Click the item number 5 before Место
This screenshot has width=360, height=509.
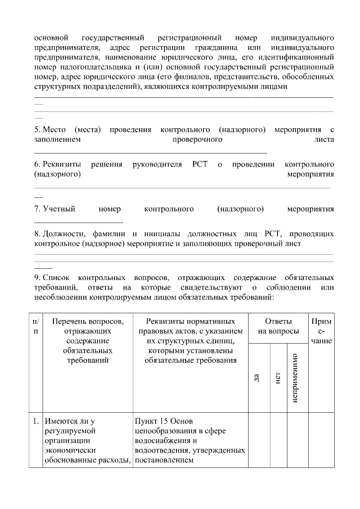[x=37, y=130]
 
